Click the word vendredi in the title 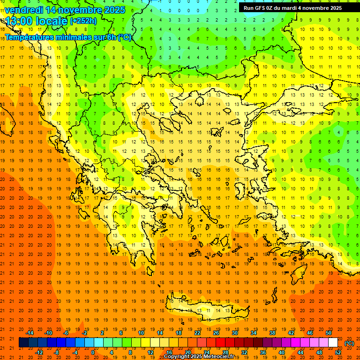click(x=24, y=10)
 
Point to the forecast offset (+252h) click(x=83, y=21)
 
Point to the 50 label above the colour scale click(x=329, y=333)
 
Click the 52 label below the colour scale click(x=338, y=352)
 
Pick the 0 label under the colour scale click(x=93, y=352)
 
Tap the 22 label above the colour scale click(x=197, y=333)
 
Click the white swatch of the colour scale click(x=333, y=343)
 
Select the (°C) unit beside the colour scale click(x=349, y=343)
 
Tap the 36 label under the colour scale click(x=263, y=352)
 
